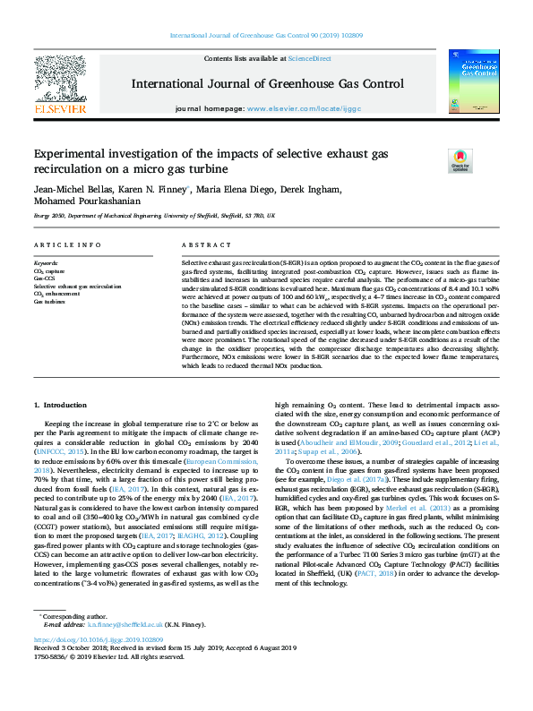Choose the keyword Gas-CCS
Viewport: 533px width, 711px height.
pos(44,278)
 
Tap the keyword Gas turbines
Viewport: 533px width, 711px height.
pos(49,302)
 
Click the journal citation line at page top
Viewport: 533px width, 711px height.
pos(266,36)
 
